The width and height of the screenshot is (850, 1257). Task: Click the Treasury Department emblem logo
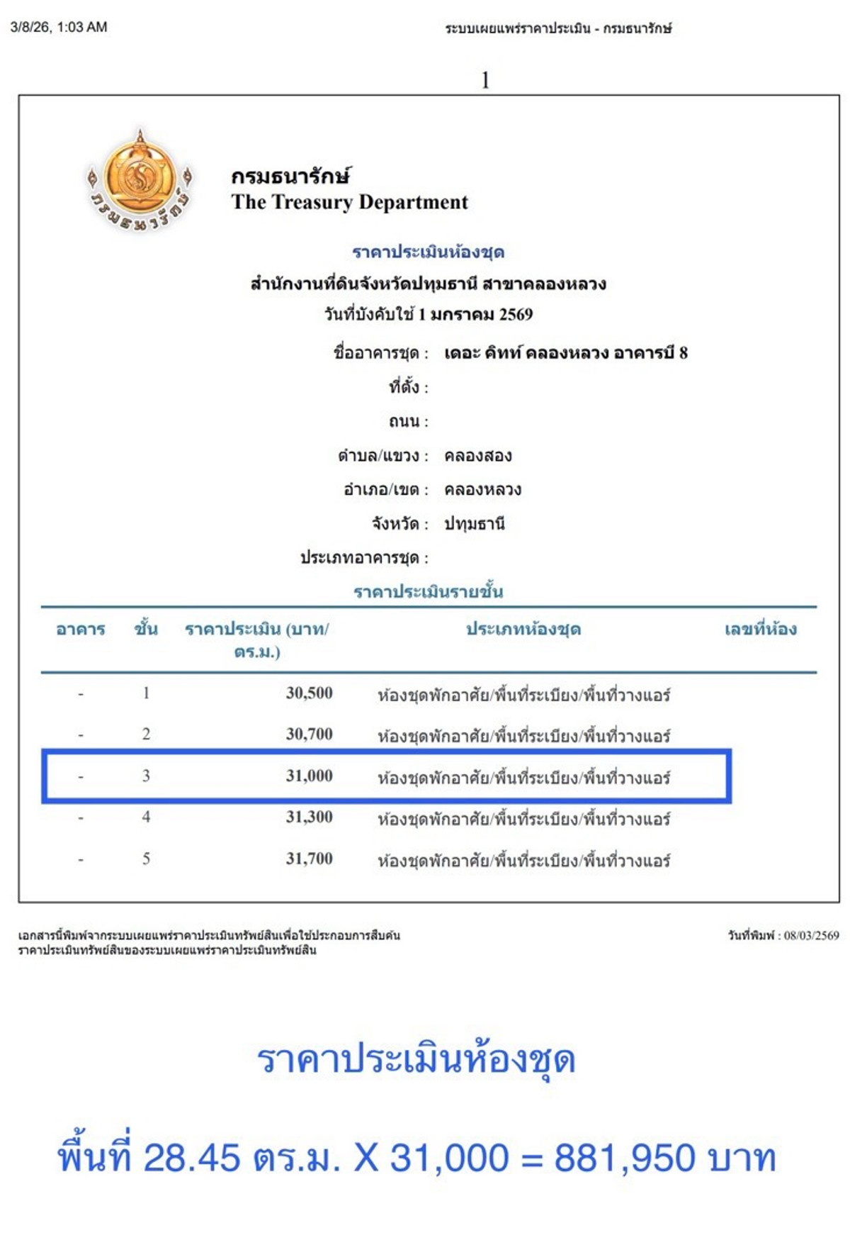coord(140,180)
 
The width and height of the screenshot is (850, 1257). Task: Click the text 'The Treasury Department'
coord(349,203)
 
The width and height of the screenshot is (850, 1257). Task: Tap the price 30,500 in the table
coord(309,693)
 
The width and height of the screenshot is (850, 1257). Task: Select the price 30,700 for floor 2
coord(309,734)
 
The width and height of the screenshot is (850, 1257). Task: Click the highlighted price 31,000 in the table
coord(309,776)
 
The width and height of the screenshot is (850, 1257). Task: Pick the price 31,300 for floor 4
coord(309,817)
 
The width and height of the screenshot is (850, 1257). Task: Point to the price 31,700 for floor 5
coord(309,859)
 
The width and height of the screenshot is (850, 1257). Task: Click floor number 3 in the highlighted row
coord(146,776)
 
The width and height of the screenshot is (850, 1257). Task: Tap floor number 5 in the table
coord(146,859)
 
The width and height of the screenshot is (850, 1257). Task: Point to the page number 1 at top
coord(485,80)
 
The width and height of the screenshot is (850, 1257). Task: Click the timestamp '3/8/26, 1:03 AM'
coord(59,27)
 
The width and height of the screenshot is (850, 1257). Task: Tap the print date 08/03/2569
coord(811,936)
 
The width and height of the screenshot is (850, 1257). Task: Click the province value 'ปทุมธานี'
coord(474,524)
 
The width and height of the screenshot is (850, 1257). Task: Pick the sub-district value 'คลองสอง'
coord(477,456)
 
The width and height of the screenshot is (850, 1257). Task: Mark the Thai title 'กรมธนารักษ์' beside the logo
coord(290,176)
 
